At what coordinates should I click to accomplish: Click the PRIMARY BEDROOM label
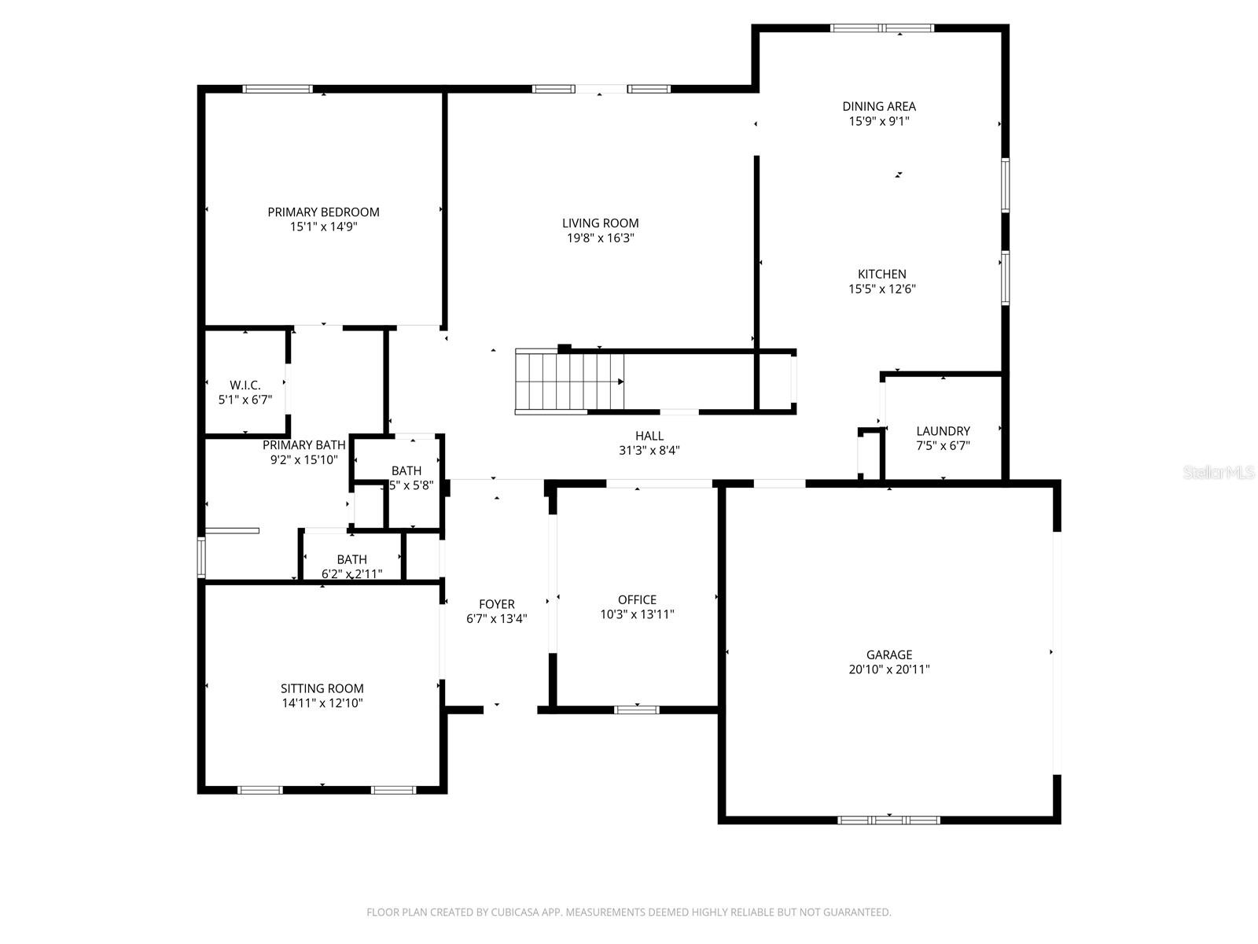[323, 212]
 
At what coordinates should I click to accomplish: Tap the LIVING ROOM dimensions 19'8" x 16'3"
[600, 238]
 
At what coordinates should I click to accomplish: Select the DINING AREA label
[878, 106]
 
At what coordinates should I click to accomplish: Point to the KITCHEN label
[881, 274]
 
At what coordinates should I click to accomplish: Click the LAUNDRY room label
[943, 431]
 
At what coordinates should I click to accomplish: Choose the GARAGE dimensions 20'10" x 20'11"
[888, 669]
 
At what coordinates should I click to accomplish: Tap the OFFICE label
[637, 599]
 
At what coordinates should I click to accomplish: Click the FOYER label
[496, 604]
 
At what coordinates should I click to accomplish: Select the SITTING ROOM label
[322, 688]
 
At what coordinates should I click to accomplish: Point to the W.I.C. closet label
[245, 385]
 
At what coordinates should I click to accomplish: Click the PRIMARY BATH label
[303, 444]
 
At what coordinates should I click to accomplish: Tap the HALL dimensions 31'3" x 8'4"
[649, 451]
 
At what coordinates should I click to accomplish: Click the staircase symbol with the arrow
[570, 382]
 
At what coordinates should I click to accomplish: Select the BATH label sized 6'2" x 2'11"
[351, 559]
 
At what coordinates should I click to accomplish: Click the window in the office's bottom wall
[636, 710]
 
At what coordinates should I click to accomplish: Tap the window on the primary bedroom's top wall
[278, 89]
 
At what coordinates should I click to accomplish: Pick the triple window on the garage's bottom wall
[888, 820]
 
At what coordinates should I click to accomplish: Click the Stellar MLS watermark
[1219, 472]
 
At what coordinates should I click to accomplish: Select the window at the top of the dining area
[882, 28]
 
